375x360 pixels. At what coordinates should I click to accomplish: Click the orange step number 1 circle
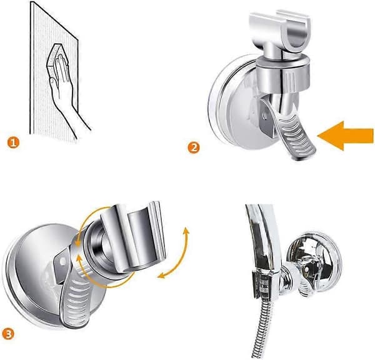pos(13,143)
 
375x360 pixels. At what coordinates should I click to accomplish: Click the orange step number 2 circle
pos(194,147)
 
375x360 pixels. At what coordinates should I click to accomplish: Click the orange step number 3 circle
pos(9,334)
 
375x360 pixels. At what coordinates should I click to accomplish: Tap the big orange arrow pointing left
pos(346,136)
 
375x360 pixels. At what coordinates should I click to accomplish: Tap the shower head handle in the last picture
pos(263,239)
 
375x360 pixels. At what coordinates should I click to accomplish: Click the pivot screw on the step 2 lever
pos(264,116)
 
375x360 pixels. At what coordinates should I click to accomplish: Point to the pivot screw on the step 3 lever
pos(63,262)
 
